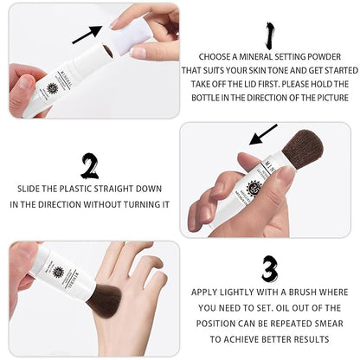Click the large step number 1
pos(269,35)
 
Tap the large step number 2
pos(90,166)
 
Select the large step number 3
pos(270,269)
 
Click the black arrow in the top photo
pos(87,35)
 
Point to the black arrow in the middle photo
pos(263,134)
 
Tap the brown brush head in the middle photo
pos(303,146)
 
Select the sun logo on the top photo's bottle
pos(53,88)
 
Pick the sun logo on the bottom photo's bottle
pos(58,272)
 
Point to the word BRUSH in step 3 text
pos(303,292)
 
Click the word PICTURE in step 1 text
pos(333,98)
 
